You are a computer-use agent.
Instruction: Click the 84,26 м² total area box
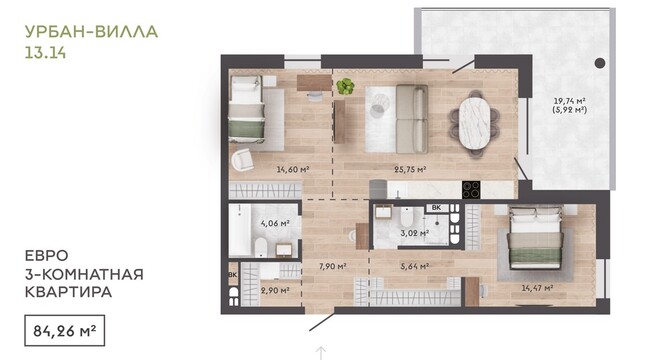click(65, 330)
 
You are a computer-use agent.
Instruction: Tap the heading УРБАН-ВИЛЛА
click(91, 32)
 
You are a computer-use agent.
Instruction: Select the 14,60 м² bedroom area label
click(293, 169)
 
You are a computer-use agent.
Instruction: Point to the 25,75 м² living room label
click(410, 169)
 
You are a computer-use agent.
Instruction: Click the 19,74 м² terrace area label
click(570, 101)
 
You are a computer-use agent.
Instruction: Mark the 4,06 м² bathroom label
click(276, 223)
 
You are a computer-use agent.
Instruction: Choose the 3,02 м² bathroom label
click(415, 233)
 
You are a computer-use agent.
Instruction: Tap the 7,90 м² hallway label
click(332, 266)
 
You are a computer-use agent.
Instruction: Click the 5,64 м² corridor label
click(415, 266)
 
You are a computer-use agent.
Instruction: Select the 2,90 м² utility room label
click(275, 290)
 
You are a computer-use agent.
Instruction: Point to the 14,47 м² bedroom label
click(537, 288)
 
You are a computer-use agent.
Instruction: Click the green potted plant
click(345, 86)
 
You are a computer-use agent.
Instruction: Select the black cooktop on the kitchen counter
click(471, 190)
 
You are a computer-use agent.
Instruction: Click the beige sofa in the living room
click(412, 119)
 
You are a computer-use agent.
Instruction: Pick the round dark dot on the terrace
click(600, 63)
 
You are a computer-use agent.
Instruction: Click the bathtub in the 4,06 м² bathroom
click(239, 230)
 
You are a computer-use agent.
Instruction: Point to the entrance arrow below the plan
click(321, 352)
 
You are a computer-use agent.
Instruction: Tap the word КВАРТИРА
click(68, 292)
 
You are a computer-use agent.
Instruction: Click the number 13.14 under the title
click(45, 52)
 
